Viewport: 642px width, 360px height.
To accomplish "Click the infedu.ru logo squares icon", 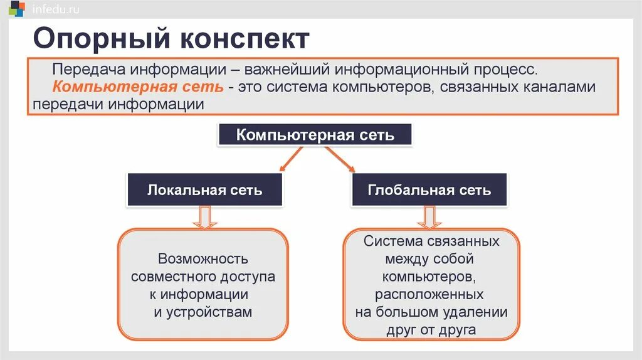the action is pos(17,9).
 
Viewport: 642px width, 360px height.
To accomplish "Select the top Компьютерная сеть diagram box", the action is pos(315,135).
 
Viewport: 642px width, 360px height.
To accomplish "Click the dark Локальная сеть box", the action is pos(204,190).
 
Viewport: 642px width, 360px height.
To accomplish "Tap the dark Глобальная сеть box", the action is pos(429,190).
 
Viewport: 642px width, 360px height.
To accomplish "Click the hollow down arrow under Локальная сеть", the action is pos(204,217).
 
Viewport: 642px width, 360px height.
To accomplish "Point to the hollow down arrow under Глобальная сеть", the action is pos(429,217).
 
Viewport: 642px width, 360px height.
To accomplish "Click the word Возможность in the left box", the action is pos(203,258).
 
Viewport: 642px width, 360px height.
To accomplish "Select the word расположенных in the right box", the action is pos(430,294).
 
